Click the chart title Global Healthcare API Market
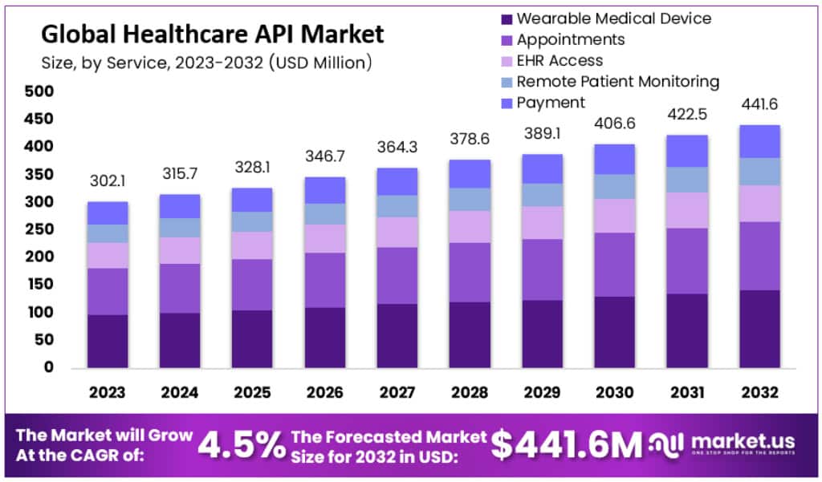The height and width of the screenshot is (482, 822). click(212, 34)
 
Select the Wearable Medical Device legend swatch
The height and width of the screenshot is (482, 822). click(506, 18)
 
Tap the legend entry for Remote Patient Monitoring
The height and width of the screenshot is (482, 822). click(617, 81)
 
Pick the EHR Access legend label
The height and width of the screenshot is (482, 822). click(560, 60)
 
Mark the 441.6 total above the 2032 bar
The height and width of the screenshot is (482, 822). click(759, 105)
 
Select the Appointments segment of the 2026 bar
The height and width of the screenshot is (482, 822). click(325, 280)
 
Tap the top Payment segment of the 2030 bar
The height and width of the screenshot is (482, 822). click(614, 159)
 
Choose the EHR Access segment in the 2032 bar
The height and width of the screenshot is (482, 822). click(759, 204)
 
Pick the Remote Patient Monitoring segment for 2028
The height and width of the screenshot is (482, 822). click(470, 200)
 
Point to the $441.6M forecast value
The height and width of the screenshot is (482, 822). click(567, 444)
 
